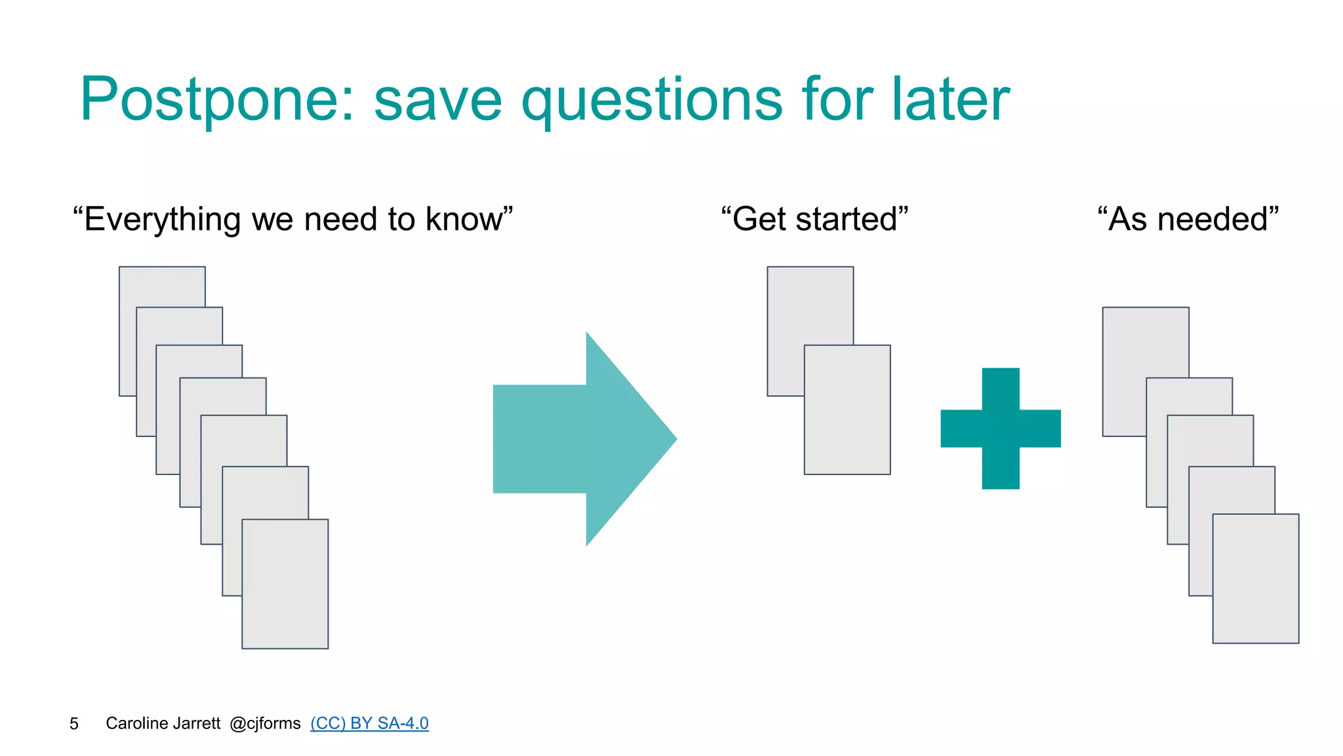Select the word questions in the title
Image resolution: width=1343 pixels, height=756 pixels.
coord(652,100)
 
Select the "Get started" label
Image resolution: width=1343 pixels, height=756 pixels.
coord(814,219)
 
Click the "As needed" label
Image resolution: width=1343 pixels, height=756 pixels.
coord(1188,219)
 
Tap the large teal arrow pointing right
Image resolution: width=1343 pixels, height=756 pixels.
coord(577,438)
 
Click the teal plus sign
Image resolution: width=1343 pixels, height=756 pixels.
coord(1001,429)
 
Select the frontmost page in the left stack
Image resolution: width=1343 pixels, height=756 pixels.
coord(285,584)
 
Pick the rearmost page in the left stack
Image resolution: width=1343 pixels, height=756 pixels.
coord(162,286)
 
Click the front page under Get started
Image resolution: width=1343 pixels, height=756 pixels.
coord(847,409)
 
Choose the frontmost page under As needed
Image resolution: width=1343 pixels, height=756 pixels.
coord(1256,578)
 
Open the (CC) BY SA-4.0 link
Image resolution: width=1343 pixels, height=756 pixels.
coord(369,723)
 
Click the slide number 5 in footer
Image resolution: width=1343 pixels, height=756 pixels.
coord(74,724)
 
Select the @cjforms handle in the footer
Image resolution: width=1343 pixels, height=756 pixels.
coord(265,723)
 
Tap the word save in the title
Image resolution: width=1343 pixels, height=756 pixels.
coord(437,100)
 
